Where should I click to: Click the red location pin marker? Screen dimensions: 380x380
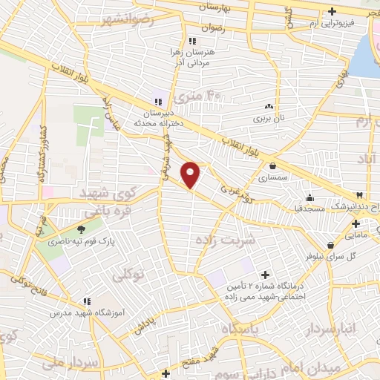[x=191, y=174]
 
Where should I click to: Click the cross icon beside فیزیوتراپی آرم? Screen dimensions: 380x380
[x=332, y=11]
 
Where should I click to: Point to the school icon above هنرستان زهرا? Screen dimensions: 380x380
[x=192, y=40]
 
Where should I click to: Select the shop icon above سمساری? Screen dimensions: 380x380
[x=274, y=166]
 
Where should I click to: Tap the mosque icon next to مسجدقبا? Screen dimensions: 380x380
[x=309, y=198]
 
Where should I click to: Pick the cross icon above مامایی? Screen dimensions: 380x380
[x=356, y=223]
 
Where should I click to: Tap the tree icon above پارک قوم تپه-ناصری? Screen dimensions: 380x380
[x=82, y=229]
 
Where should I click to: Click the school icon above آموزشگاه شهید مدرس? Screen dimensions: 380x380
[x=87, y=301]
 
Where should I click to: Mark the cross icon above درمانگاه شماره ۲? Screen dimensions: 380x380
[x=265, y=275]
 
